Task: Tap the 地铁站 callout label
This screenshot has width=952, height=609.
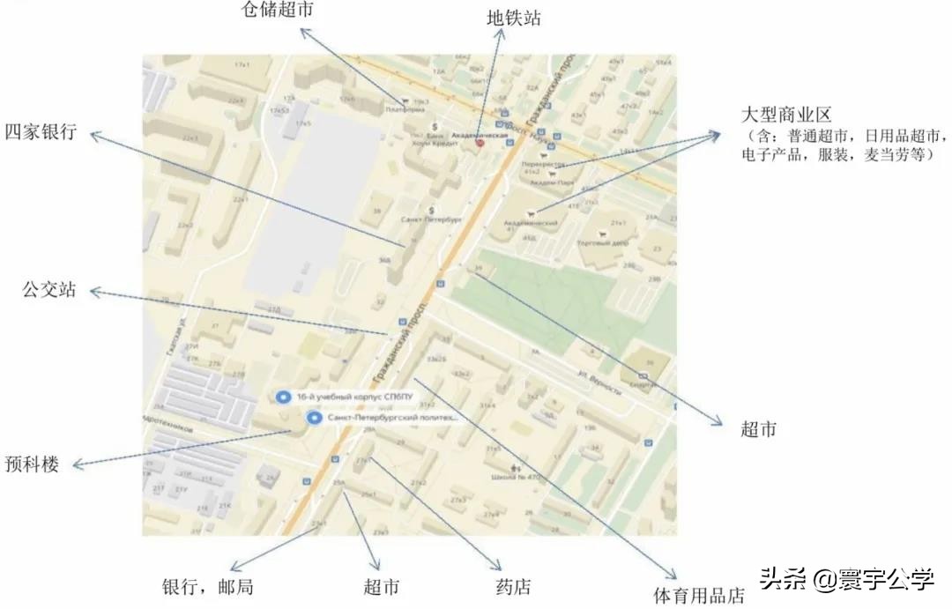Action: coord(514,18)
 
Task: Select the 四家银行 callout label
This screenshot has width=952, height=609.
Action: coord(41,133)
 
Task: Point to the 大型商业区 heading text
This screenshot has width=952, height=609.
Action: coord(787,115)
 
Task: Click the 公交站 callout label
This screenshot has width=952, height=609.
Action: coord(49,290)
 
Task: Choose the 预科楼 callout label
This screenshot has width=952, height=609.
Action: coord(32,464)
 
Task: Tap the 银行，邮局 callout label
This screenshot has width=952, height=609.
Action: coord(208,587)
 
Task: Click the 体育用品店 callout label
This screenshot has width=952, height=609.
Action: coord(698,596)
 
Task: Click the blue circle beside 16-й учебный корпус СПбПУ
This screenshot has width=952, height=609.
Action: coord(283,397)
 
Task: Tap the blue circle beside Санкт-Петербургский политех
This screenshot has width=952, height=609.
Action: coord(313,418)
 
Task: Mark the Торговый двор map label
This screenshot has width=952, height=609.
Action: coord(601,243)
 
